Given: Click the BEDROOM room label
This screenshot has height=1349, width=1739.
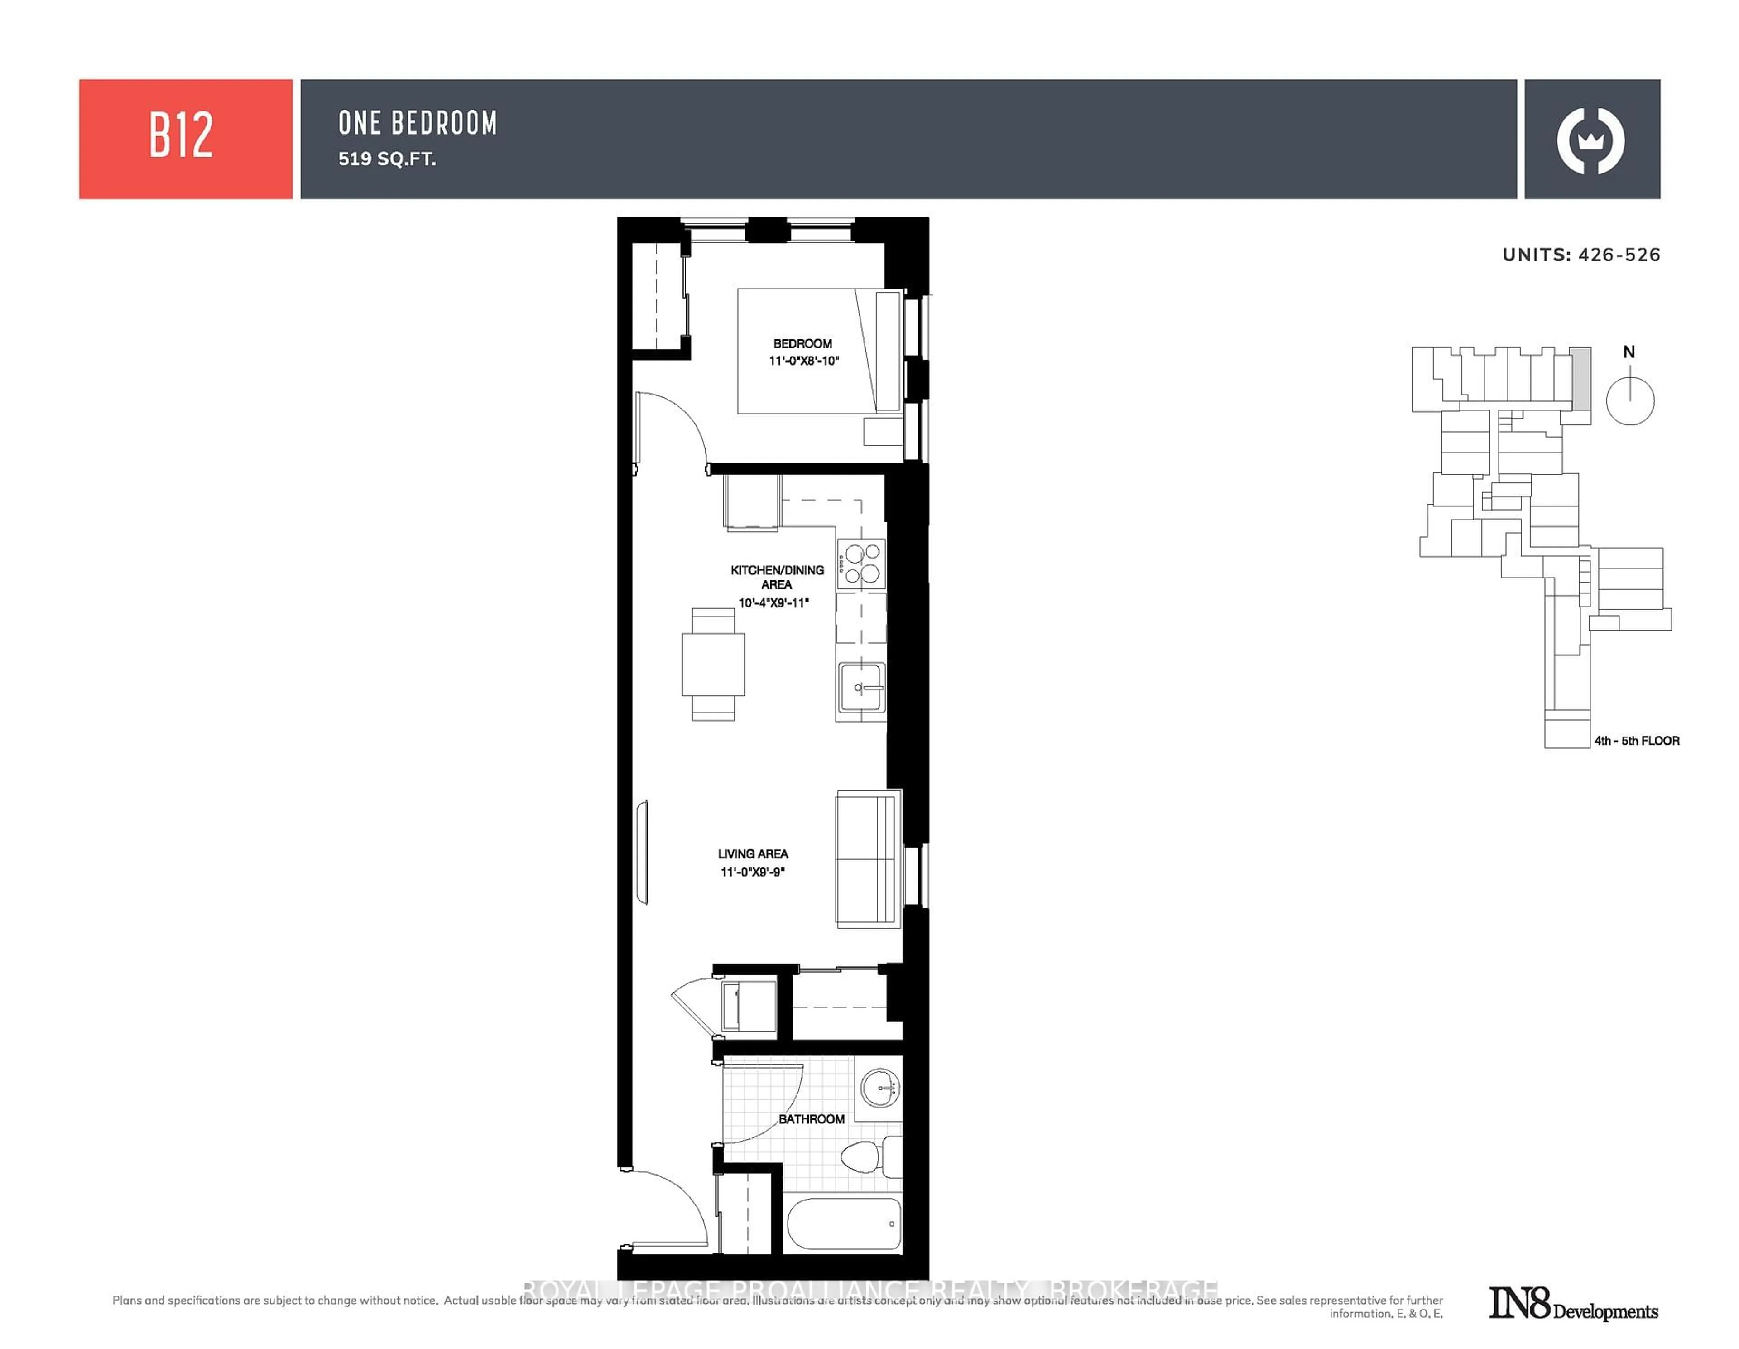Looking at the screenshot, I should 802,344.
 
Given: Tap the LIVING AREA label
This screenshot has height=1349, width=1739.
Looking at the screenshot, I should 753,854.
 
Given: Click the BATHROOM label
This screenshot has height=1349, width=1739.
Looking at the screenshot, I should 812,1119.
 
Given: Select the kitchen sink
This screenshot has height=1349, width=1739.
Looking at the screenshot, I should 861,687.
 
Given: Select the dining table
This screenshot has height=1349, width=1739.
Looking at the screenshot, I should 713,664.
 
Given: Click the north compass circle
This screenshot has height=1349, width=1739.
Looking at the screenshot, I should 1630,400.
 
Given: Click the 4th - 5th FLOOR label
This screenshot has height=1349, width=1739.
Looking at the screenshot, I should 1636,741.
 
